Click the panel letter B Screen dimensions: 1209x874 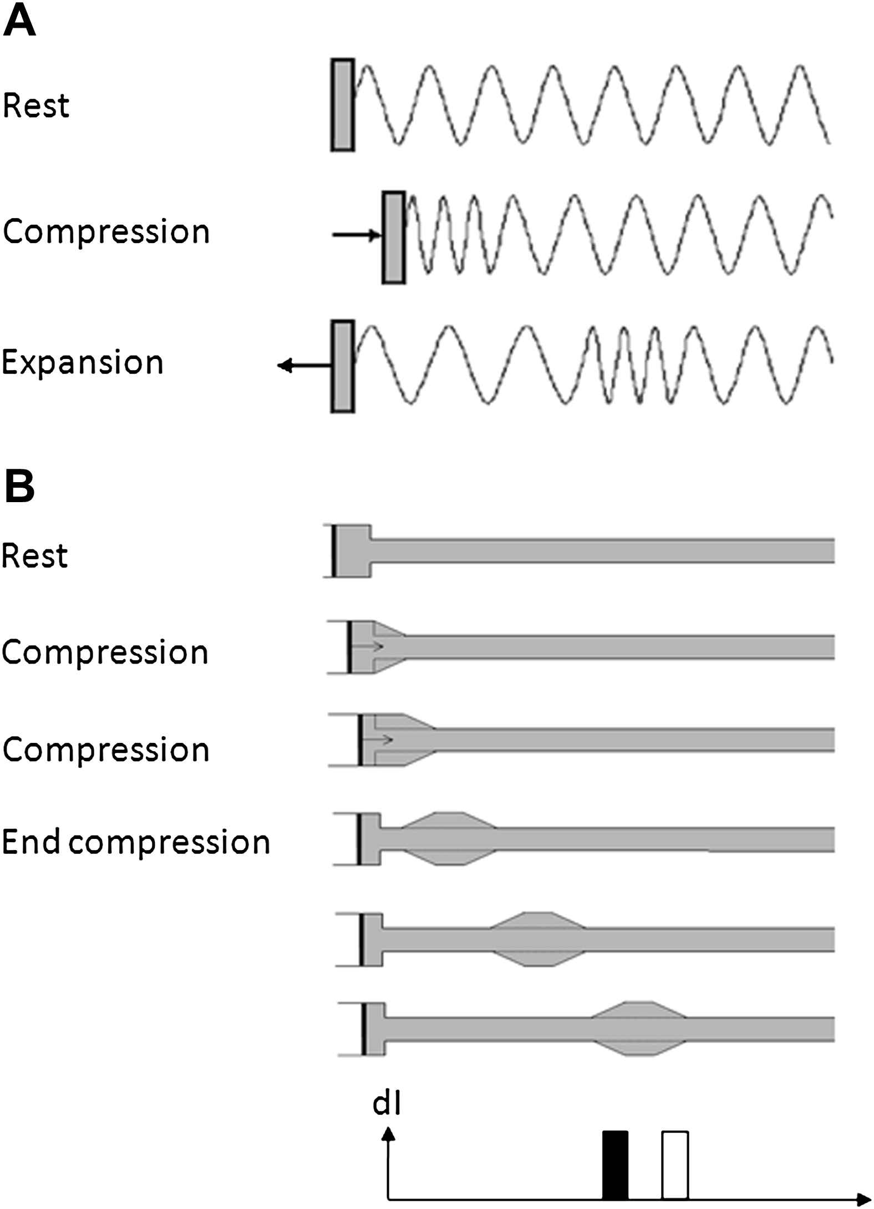pos(19,487)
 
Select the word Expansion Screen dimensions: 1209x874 pos(83,362)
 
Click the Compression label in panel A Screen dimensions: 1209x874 pos(106,231)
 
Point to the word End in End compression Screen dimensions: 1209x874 pos(33,842)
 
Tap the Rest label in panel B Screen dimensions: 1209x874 pos(35,555)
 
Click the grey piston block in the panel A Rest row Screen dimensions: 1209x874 pos(343,104)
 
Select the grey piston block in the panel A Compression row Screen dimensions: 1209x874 pos(394,237)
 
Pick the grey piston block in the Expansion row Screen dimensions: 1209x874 pos(343,366)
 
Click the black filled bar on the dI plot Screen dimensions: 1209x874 pos(615,1165)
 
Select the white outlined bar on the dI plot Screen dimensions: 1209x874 pos(675,1165)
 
